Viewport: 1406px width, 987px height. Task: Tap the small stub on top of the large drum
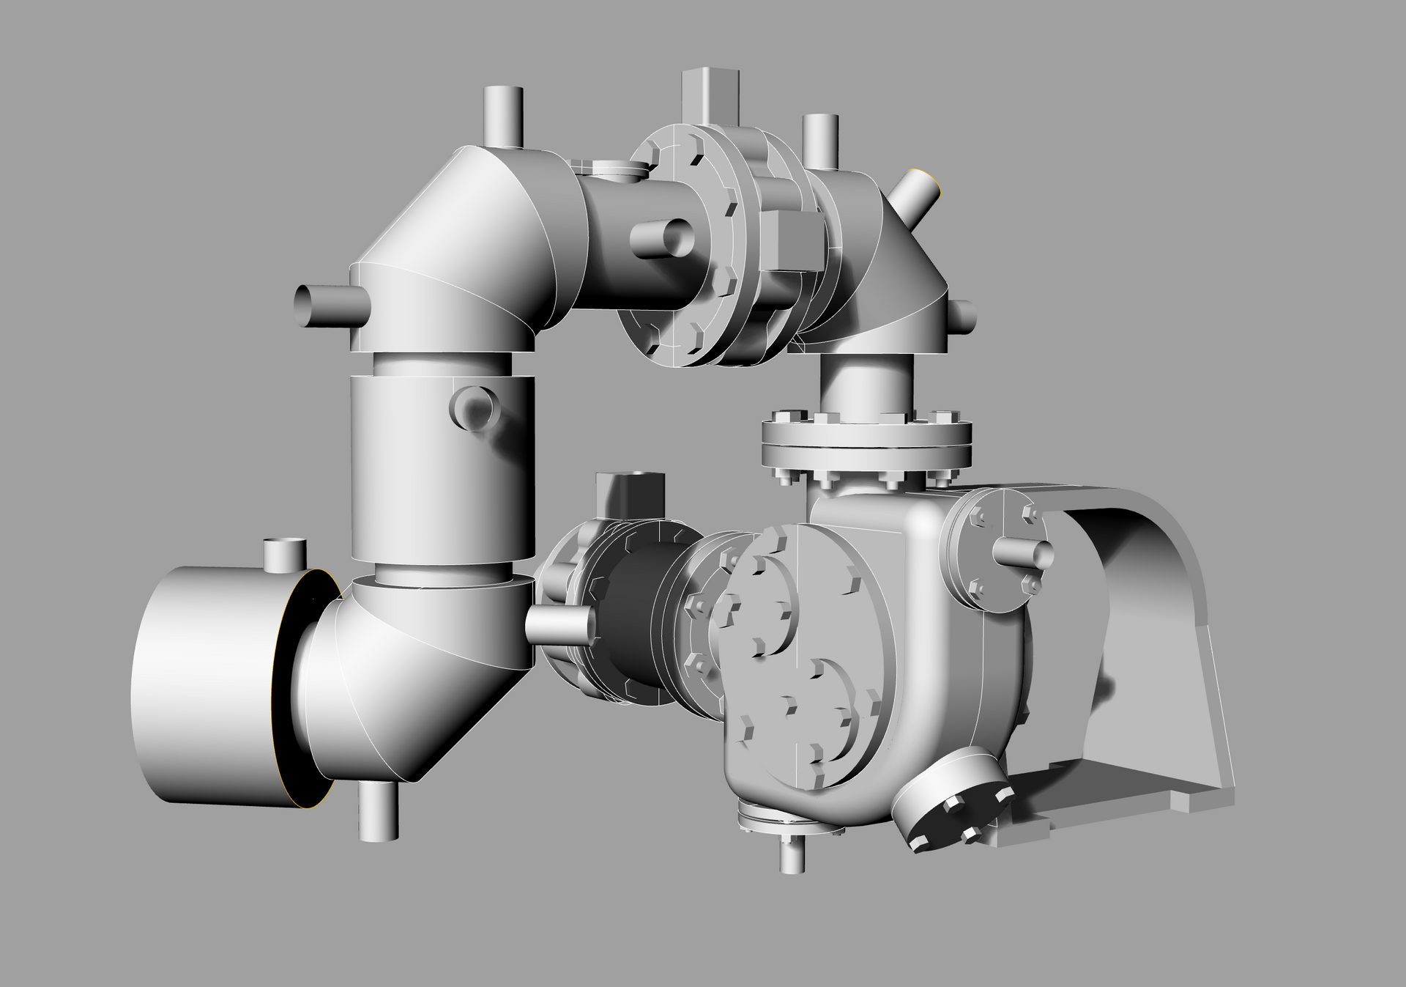[x=284, y=554]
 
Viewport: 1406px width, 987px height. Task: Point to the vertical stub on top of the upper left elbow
[x=503, y=117]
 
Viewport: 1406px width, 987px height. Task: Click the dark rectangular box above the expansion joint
[x=630, y=495]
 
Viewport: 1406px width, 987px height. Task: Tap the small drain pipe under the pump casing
[x=791, y=854]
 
